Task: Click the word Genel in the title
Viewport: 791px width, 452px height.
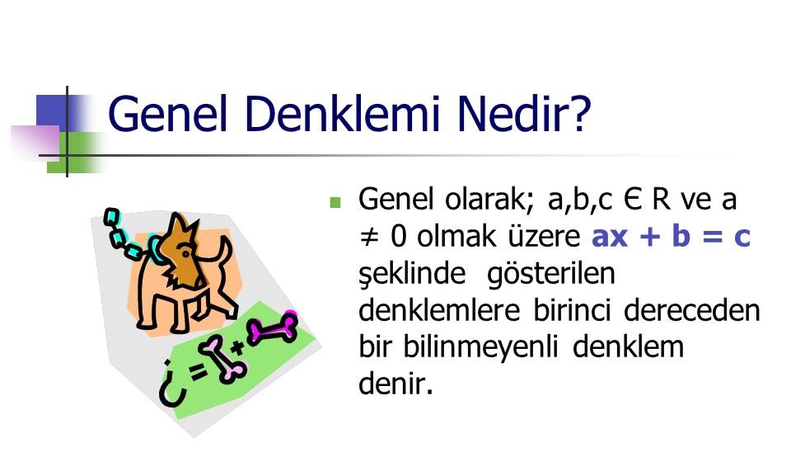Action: point(167,113)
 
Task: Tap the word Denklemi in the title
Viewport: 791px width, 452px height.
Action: point(343,113)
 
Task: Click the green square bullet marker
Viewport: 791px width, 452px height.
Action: point(335,203)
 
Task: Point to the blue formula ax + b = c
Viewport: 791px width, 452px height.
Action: point(671,236)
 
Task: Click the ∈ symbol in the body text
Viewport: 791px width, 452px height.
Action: point(632,200)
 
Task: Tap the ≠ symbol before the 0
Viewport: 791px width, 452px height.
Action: point(369,237)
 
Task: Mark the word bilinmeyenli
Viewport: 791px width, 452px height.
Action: point(480,348)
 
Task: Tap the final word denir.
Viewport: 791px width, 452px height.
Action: point(396,384)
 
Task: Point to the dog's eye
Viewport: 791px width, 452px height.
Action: point(186,253)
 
